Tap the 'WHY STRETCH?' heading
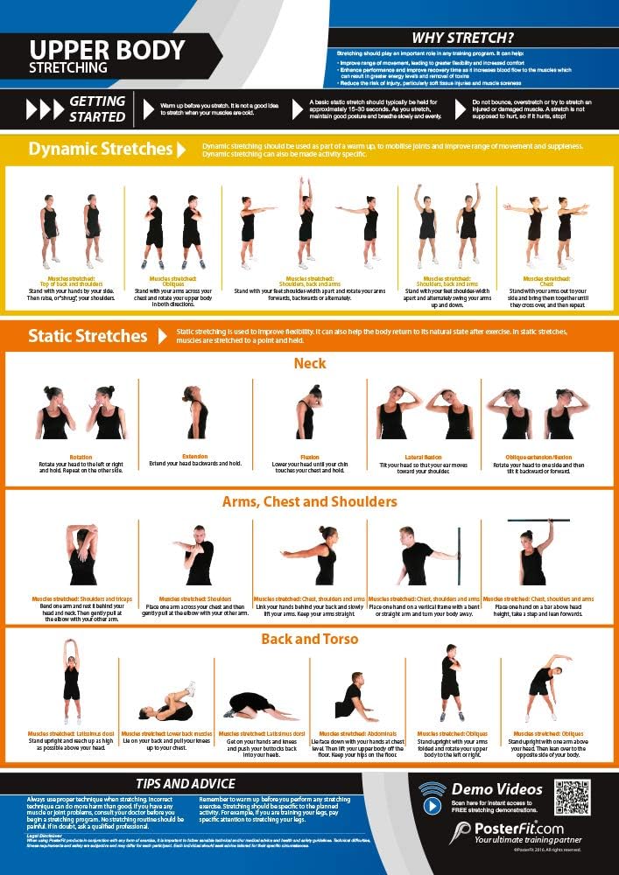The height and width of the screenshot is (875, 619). pos(462,38)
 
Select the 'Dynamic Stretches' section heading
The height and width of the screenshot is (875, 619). pos(100,149)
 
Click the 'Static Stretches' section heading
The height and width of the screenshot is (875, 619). pos(88,336)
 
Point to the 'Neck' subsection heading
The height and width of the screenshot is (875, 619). pos(310,363)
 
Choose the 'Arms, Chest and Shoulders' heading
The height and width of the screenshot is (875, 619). pos(310,501)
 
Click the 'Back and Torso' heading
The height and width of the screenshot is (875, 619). pos(310,640)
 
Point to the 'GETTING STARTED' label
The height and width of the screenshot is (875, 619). pos(95,108)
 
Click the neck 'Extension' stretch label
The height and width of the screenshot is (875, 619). pos(194,456)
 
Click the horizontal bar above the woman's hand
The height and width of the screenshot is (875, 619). pos(538,521)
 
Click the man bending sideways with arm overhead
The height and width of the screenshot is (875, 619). pos(546,682)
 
